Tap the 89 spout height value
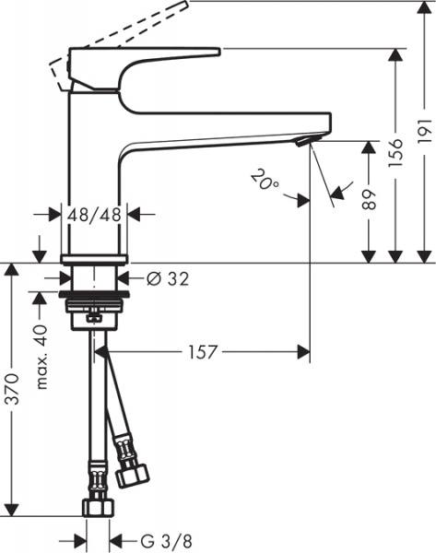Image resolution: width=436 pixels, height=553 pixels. [370, 200]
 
